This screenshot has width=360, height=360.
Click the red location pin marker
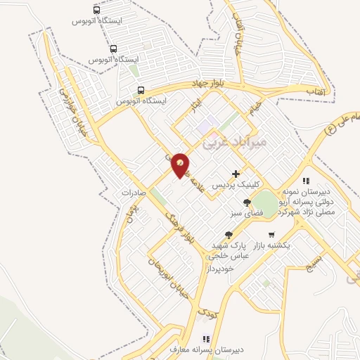181,165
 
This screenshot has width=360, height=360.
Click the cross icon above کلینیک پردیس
236,174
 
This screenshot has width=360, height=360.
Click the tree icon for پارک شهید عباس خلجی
228,235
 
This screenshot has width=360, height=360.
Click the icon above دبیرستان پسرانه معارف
206,338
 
